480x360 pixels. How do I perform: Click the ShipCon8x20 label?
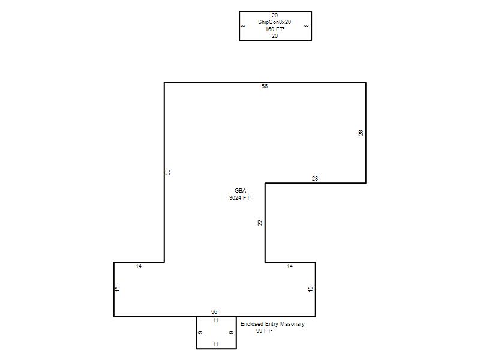pyautogui.click(x=274, y=22)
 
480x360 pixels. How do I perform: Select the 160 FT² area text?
pyautogui.click(x=275, y=29)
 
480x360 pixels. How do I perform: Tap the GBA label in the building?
pyautogui.click(x=241, y=190)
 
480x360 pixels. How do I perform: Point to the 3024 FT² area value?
pyautogui.click(x=241, y=198)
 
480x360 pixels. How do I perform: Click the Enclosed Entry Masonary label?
pyautogui.click(x=272, y=324)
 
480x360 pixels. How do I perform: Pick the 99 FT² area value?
pyautogui.click(x=265, y=331)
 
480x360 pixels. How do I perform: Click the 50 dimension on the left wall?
pyautogui.click(x=168, y=172)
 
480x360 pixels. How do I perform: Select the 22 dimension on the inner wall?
pyautogui.click(x=260, y=223)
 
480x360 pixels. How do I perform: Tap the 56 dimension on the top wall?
pyautogui.click(x=265, y=86)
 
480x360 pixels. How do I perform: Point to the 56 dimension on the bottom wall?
pyautogui.click(x=214, y=311)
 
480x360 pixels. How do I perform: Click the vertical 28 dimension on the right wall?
pyautogui.click(x=361, y=133)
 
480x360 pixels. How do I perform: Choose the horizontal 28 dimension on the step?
pyautogui.click(x=315, y=178)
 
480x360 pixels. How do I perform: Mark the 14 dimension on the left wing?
pyautogui.click(x=139, y=266)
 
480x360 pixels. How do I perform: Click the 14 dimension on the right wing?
pyautogui.click(x=290, y=266)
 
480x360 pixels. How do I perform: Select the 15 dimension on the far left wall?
pyautogui.click(x=117, y=289)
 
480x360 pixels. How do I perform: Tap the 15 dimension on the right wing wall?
pyautogui.click(x=310, y=289)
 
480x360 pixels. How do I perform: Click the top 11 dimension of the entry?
pyautogui.click(x=216, y=320)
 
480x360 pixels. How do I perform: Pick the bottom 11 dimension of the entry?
pyautogui.click(x=216, y=344)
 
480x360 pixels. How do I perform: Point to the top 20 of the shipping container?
pyautogui.click(x=275, y=16)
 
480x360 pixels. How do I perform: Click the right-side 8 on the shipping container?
pyautogui.click(x=307, y=26)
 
